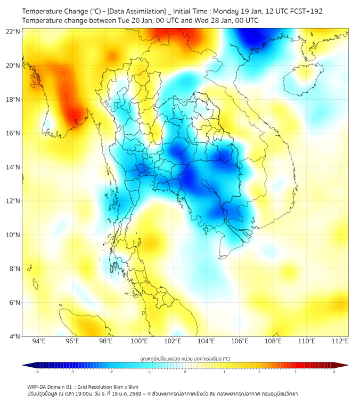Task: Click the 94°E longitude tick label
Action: tap(39, 341)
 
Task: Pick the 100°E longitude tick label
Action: tap(139, 341)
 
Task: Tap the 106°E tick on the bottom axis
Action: tap(240, 341)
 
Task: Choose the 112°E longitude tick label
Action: tap(340, 341)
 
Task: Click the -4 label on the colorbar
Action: tap(37, 372)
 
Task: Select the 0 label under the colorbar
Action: tap(185, 372)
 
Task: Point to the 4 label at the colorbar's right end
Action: tap(333, 372)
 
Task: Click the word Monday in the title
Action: tap(228, 11)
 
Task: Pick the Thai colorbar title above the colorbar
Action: tap(185, 358)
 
